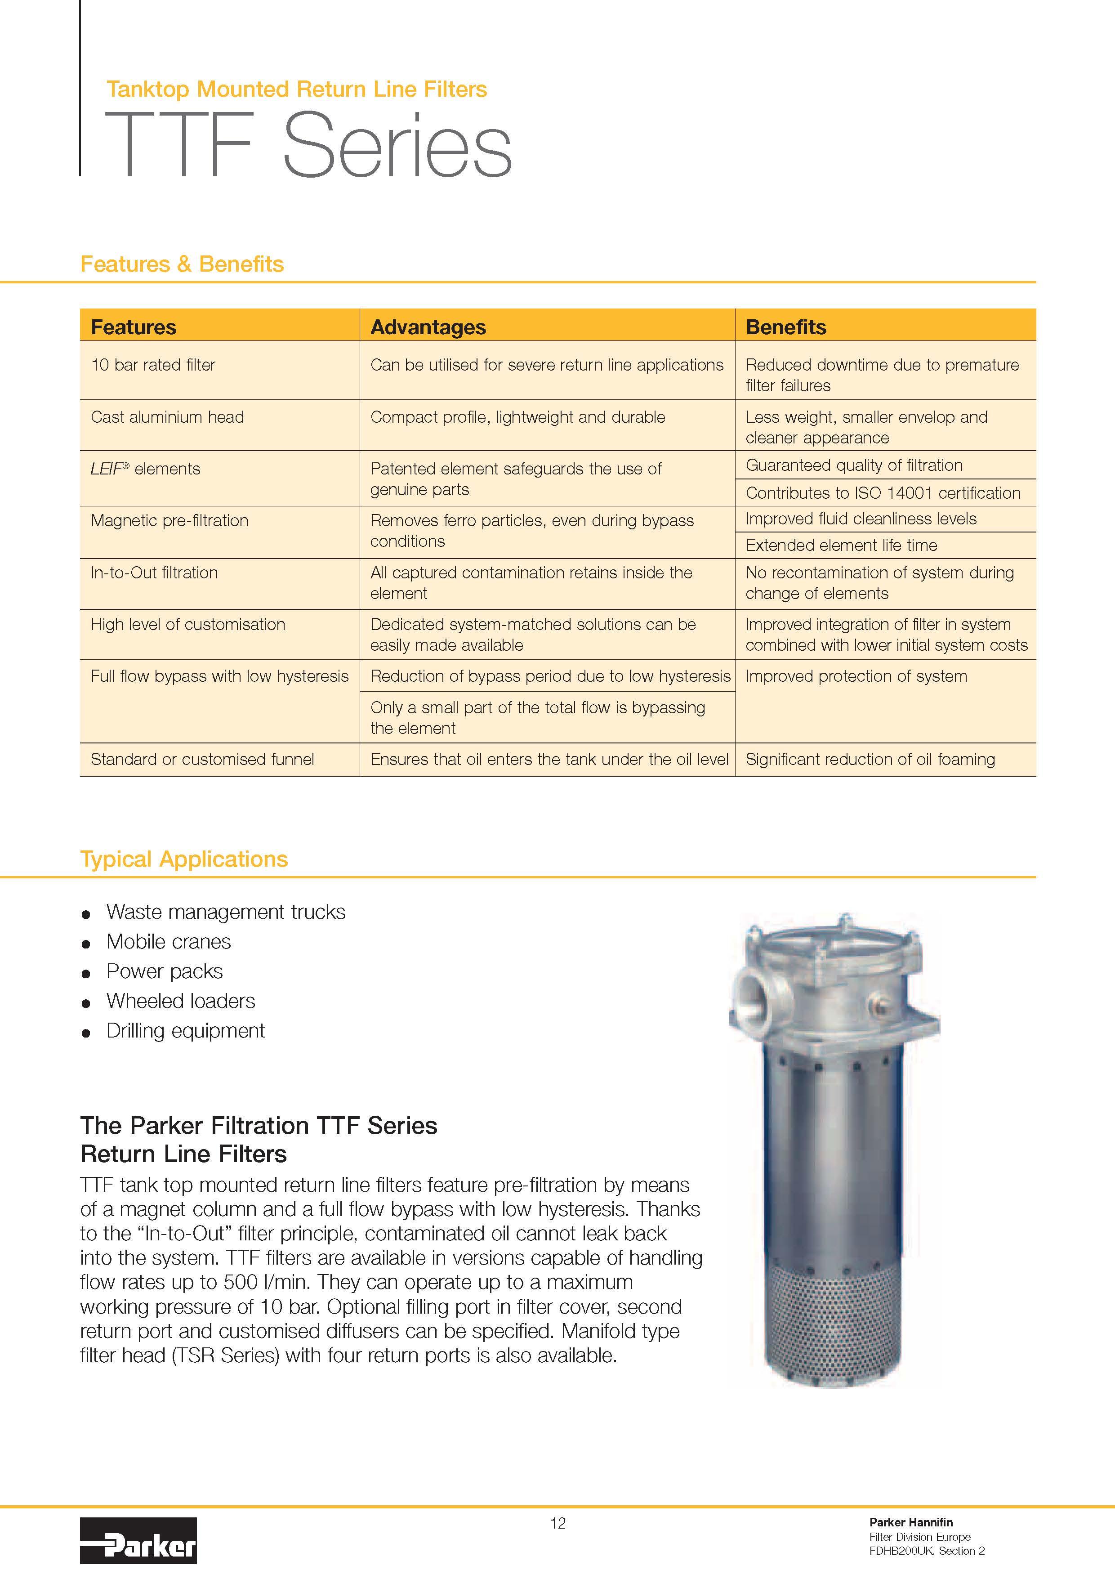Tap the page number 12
[557, 1523]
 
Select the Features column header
[134, 327]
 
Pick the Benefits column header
[786, 327]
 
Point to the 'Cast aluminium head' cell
[167, 417]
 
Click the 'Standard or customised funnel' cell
[202, 759]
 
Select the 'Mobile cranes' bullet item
[169, 941]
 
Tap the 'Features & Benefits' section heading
[182, 264]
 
